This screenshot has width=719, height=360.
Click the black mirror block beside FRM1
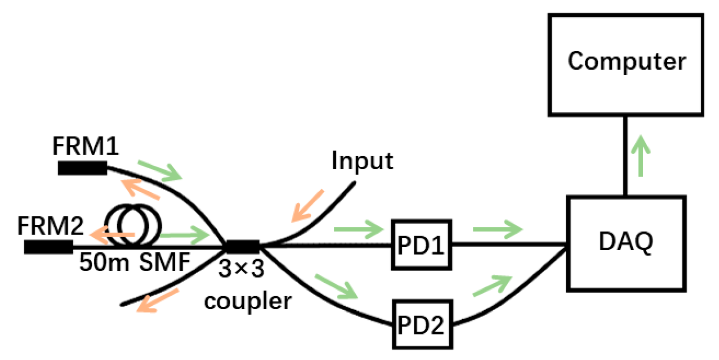tap(82, 168)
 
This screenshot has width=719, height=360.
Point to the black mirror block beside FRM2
tap(48, 247)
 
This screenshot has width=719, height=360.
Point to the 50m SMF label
tap(134, 264)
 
